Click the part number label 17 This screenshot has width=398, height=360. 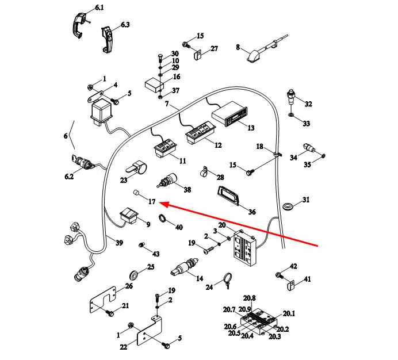152,201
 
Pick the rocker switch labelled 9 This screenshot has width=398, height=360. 128,217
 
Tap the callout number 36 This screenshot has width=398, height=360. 252,212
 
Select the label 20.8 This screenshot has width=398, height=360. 249,298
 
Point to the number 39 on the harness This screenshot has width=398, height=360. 119,243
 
